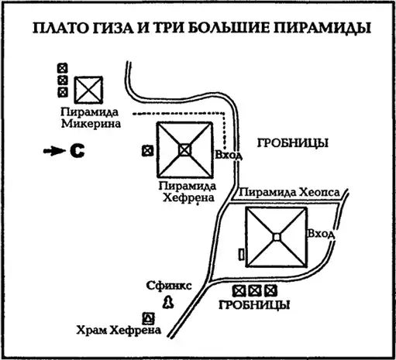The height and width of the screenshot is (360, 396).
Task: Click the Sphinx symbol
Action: pyautogui.click(x=168, y=302)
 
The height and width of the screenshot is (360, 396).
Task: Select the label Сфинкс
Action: pyautogui.click(x=169, y=286)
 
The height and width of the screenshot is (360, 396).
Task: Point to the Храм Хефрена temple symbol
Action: pyautogui.click(x=149, y=318)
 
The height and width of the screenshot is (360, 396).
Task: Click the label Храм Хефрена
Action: pyautogui.click(x=119, y=330)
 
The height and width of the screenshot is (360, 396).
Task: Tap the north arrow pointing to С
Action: pyautogui.click(x=54, y=151)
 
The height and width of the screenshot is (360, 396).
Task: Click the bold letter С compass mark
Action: pyautogui.click(x=77, y=151)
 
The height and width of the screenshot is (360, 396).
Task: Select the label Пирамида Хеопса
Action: pyautogui.click(x=289, y=192)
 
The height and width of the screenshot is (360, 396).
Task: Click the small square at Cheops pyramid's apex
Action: pyautogui.click(x=277, y=237)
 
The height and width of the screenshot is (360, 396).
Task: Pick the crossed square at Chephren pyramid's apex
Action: pyautogui.click(x=184, y=150)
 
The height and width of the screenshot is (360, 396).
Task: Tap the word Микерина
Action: pyautogui.click(x=91, y=124)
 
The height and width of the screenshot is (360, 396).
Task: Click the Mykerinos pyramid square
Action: pyautogui.click(x=88, y=90)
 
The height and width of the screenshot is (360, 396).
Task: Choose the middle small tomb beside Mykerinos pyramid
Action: pyautogui.click(x=62, y=81)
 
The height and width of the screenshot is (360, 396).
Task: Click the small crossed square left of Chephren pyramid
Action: pyautogui.click(x=147, y=151)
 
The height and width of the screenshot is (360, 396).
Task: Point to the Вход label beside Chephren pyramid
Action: pyautogui.click(x=229, y=155)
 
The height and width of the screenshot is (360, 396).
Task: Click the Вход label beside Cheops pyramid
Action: pyautogui.click(x=321, y=234)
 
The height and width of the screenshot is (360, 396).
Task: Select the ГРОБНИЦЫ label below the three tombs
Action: pyautogui.click(x=254, y=305)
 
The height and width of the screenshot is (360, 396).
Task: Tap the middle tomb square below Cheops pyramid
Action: pyautogui.click(x=255, y=291)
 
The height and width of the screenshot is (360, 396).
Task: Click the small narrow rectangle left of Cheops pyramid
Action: pyautogui.click(x=242, y=255)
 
